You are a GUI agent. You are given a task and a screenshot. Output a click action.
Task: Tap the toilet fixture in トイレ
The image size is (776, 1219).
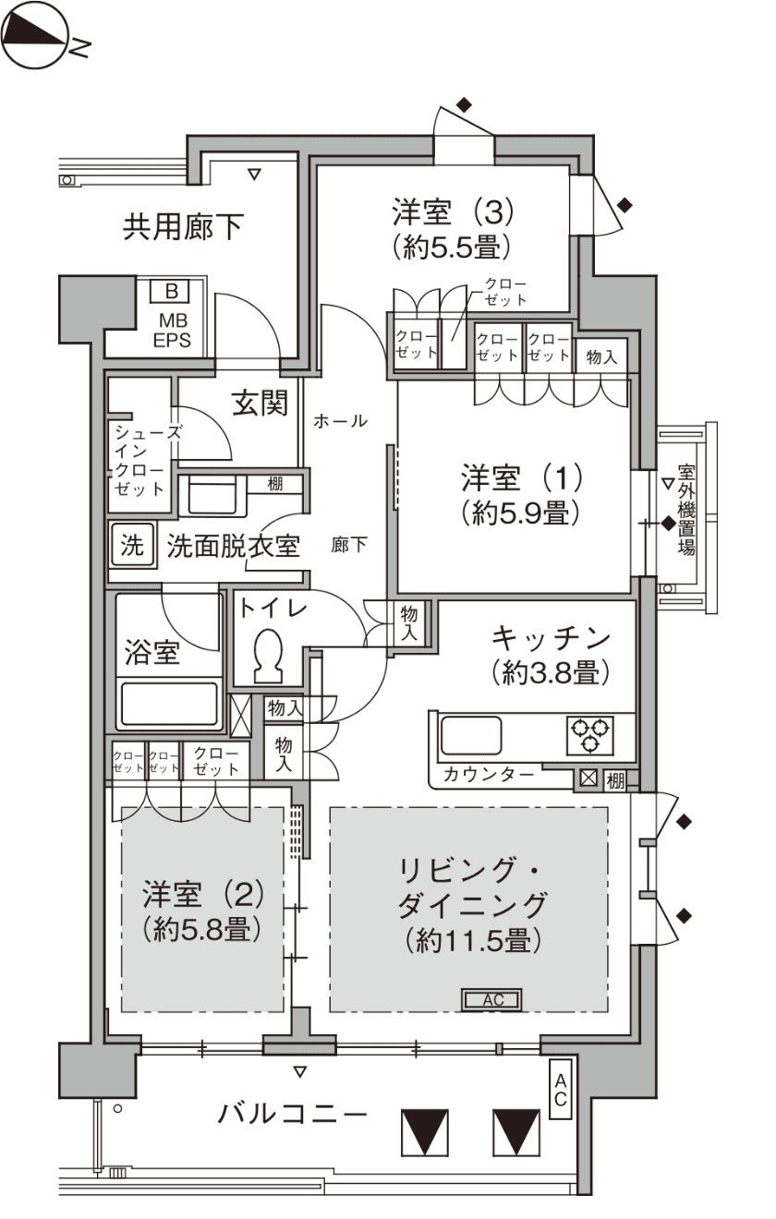pos(269,657)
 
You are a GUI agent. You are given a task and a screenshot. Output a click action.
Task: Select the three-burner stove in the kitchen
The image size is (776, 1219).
pos(589,735)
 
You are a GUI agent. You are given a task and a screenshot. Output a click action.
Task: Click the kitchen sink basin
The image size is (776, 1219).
pos(471,735)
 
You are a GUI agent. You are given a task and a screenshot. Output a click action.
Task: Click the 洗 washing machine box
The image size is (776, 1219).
pos(132,545)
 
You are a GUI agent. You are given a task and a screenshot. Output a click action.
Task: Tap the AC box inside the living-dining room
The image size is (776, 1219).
pos(492,999)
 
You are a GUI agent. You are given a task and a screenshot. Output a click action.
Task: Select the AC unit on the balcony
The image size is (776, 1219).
pos(561,1089)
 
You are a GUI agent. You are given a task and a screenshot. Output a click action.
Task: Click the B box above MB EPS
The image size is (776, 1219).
pos(171,291)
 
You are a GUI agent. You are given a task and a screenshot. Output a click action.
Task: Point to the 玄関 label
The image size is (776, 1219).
pos(260,404)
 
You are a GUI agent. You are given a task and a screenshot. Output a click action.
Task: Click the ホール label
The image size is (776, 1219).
pos(340,421)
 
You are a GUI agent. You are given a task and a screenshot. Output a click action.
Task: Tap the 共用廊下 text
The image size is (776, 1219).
pos(183,226)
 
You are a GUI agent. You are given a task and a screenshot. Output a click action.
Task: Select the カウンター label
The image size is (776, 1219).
pos(488,775)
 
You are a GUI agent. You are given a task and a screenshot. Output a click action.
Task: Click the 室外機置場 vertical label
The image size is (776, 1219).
pos(686,510)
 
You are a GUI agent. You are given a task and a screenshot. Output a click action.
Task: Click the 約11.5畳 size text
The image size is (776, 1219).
pos(473,940)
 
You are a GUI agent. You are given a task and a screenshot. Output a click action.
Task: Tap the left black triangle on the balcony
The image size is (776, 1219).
pos(425,1132)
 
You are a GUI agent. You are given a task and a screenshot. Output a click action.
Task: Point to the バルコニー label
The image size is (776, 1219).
pos(292,1114)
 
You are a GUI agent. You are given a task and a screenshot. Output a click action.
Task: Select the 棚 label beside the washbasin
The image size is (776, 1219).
pos(275,483)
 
